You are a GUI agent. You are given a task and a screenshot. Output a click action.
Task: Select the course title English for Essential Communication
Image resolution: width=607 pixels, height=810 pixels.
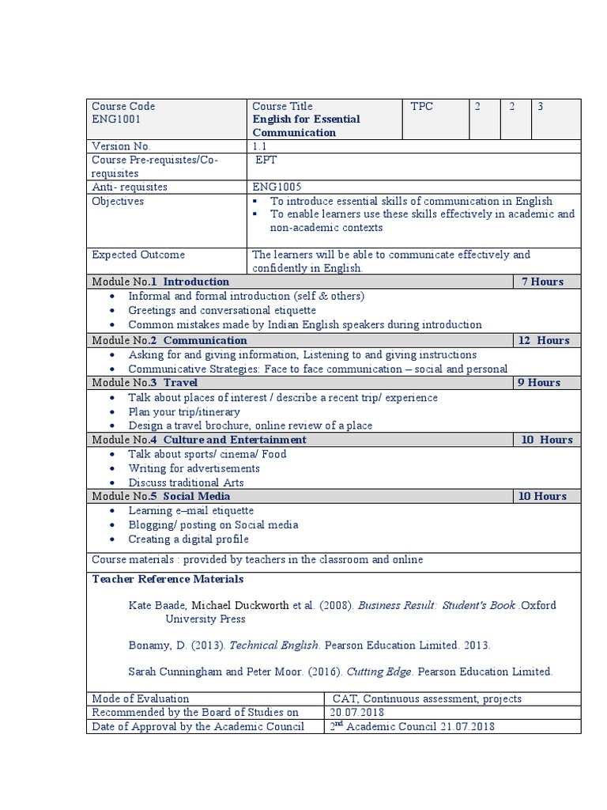[x=306, y=126]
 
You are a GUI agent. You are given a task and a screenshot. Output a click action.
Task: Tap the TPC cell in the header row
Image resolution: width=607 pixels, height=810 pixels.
[x=422, y=107]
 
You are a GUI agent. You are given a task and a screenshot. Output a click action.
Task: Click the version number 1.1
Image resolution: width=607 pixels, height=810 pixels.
[x=260, y=146]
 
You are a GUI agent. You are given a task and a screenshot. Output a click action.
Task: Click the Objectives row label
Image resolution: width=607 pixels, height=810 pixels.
[x=118, y=202]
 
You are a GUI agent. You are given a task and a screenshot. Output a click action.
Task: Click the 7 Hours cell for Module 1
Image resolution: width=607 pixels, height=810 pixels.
[x=542, y=282]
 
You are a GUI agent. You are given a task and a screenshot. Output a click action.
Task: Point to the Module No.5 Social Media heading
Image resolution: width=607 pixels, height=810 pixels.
[x=161, y=496]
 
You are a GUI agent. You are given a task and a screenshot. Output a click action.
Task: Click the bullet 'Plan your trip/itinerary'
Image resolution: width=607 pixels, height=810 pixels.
[x=184, y=411]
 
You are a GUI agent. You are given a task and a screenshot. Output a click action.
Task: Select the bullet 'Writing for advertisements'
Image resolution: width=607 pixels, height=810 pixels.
[x=194, y=468]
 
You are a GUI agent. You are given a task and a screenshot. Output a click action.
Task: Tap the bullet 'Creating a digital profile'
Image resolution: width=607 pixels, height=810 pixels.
[x=188, y=539]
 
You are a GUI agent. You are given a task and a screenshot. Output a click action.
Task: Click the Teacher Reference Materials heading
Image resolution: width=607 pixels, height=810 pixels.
[x=156, y=579]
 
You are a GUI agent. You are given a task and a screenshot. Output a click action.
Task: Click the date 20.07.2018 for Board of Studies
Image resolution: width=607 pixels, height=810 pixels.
[x=357, y=713]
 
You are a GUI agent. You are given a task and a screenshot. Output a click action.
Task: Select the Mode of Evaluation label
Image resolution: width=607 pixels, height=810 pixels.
[x=141, y=698]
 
